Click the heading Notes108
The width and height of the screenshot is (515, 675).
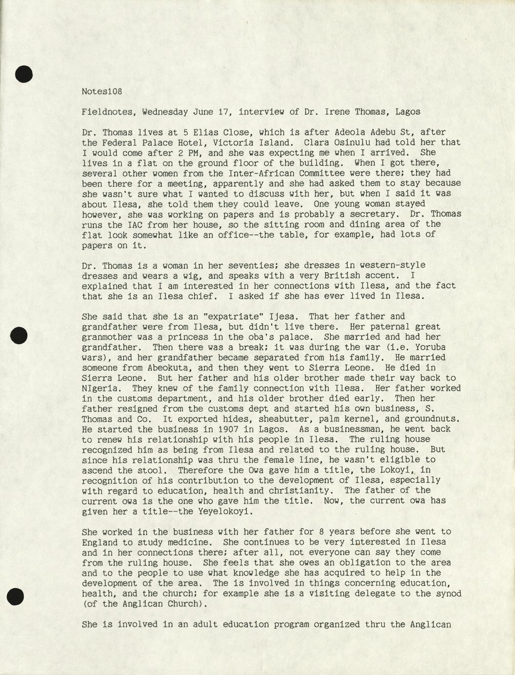click(102, 91)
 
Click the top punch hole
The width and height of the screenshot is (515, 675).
click(23, 74)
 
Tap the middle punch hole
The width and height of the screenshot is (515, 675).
click(19, 336)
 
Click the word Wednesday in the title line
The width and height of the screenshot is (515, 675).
click(165, 112)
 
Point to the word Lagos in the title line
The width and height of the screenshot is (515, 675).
click(407, 112)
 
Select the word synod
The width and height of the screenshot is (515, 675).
click(448, 593)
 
